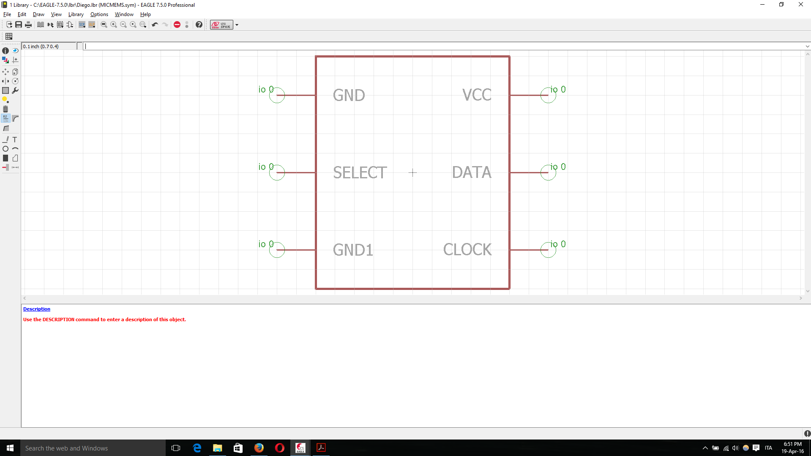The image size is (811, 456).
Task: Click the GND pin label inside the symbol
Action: point(349,95)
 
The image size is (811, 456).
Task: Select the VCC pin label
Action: point(477,95)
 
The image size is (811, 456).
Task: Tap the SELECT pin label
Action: point(360,172)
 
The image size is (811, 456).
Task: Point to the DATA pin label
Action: point(472,172)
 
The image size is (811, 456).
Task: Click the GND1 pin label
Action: point(353,250)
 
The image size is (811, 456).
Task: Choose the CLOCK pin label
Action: point(467,249)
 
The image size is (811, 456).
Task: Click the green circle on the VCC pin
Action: point(548,95)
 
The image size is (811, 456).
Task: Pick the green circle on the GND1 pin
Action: point(277,250)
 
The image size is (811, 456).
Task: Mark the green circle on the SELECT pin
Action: point(277,172)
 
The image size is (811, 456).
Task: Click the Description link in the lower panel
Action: point(37,309)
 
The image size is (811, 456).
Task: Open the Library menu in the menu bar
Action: point(76,14)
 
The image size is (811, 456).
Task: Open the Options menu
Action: point(99,14)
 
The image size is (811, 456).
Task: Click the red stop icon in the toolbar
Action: point(177,25)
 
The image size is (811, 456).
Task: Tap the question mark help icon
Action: point(199,25)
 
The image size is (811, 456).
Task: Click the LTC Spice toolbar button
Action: point(221,25)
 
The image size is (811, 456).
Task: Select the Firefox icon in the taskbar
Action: point(259,448)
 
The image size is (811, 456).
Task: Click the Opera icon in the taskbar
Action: point(280,448)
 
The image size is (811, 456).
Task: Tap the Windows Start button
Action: point(10,448)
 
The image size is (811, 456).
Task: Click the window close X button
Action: point(800,5)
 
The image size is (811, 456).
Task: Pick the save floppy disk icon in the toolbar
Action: point(19,25)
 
